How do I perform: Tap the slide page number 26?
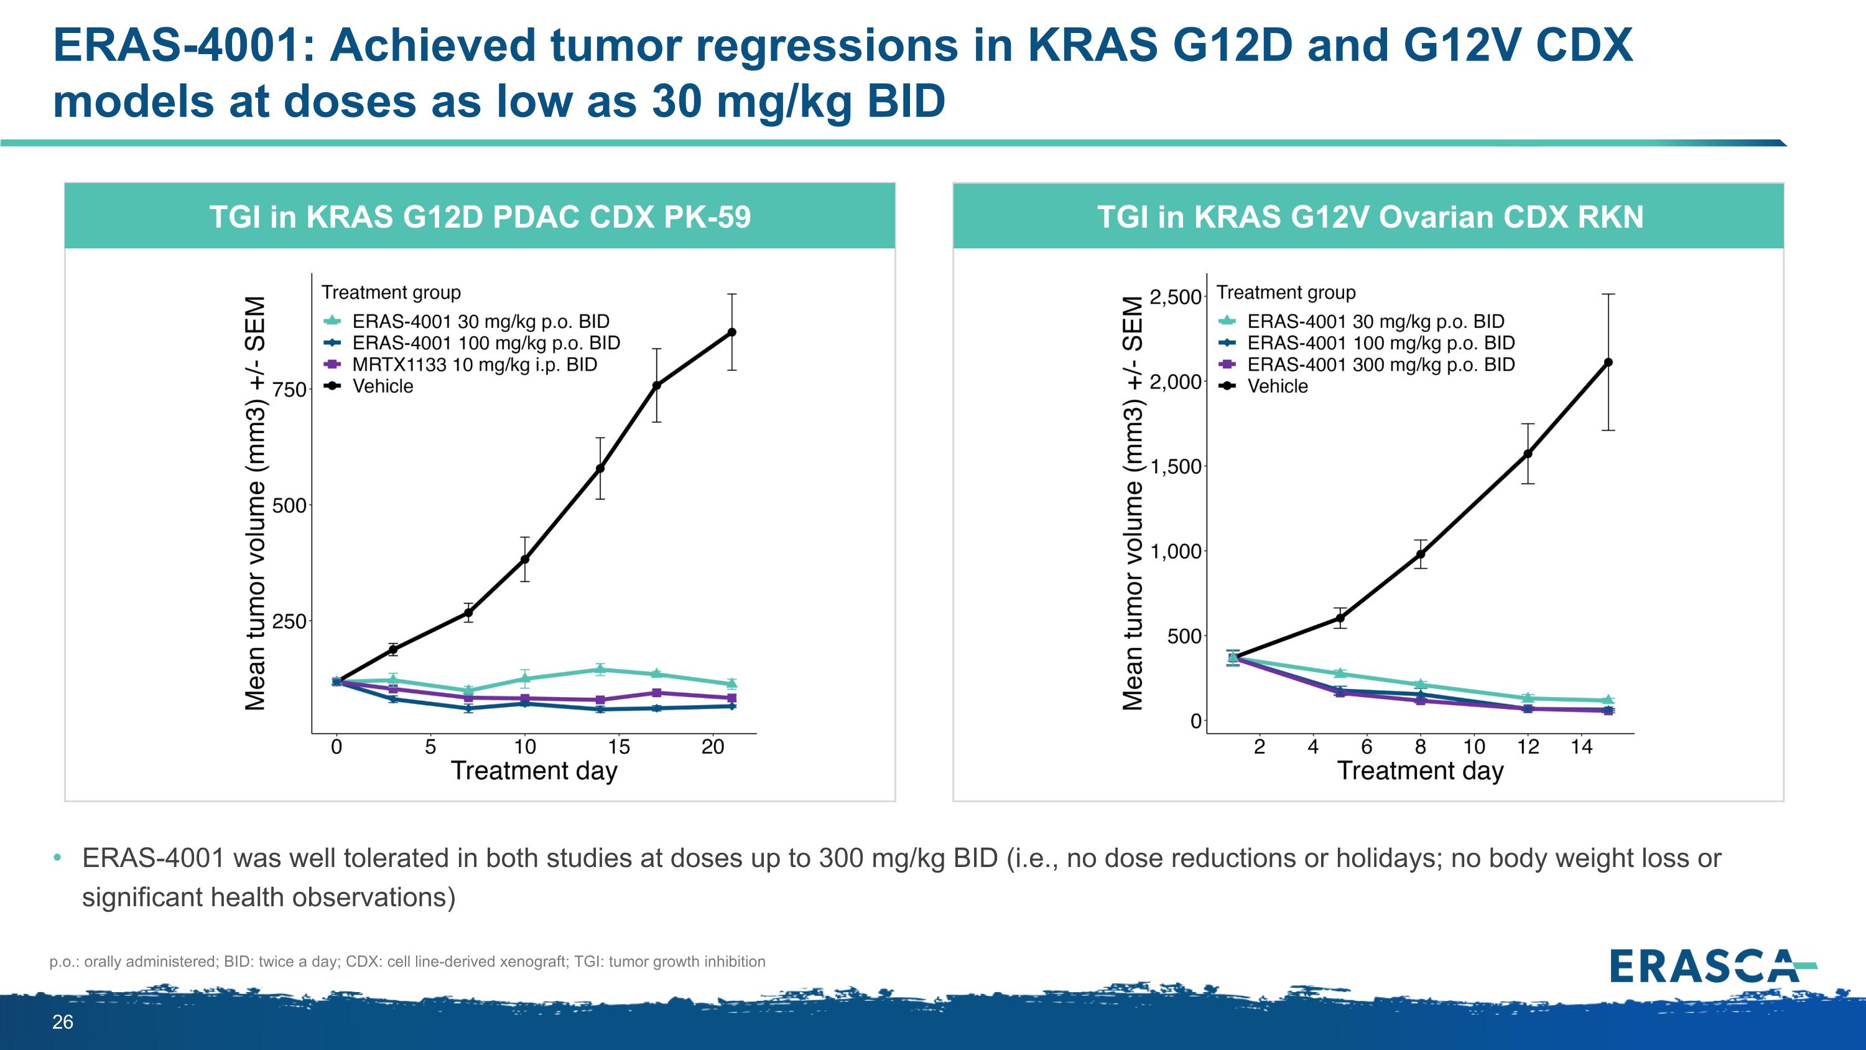(x=62, y=1022)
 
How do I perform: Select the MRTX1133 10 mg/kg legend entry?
(x=475, y=365)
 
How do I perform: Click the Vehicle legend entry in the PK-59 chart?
(x=383, y=387)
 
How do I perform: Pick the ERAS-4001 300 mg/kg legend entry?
(x=1380, y=365)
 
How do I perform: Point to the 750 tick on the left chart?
(x=289, y=390)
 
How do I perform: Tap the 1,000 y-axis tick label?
(x=1175, y=551)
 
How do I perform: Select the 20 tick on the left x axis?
(x=713, y=746)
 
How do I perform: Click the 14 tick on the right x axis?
(x=1581, y=746)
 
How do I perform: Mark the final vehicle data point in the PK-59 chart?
(x=731, y=332)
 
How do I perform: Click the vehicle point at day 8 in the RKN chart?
(x=1421, y=555)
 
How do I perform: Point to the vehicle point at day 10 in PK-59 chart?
(x=524, y=560)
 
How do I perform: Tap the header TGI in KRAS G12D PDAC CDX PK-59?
(x=480, y=217)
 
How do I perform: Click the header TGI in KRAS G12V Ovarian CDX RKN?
(x=1370, y=217)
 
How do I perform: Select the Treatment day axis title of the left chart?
(x=534, y=771)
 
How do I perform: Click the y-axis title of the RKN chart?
(x=1132, y=503)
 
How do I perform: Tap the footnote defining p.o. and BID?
(x=407, y=962)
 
